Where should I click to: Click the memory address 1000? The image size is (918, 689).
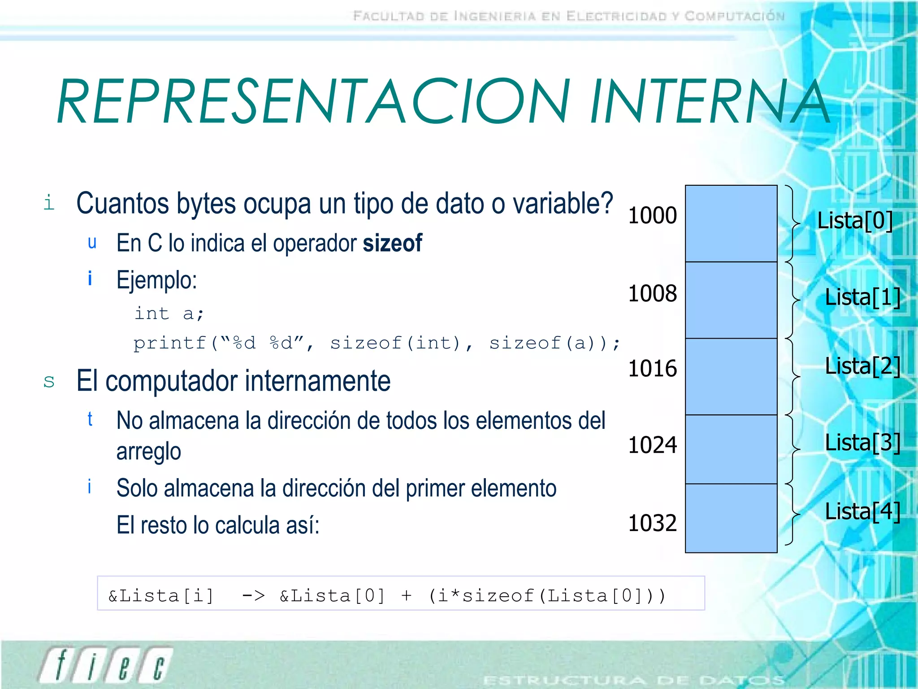pyautogui.click(x=652, y=216)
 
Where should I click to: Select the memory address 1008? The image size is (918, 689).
pyautogui.click(x=652, y=294)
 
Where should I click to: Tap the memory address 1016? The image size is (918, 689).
pyautogui.click(x=652, y=369)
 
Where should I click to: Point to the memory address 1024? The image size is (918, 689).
pyautogui.click(x=652, y=445)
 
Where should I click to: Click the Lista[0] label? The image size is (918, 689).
pyautogui.click(x=855, y=221)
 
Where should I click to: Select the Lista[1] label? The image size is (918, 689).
pyautogui.click(x=862, y=297)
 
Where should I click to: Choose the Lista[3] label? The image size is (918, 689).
pyautogui.click(x=862, y=443)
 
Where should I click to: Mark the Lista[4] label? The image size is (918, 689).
pyautogui.click(x=862, y=512)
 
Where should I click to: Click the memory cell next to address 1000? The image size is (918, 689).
pyautogui.click(x=731, y=223)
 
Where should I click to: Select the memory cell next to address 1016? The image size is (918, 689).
pyautogui.click(x=731, y=376)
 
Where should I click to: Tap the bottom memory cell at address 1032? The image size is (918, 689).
pyautogui.click(x=731, y=518)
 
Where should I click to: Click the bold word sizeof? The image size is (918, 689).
pyautogui.click(x=392, y=244)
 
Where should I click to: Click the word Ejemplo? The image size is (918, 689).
pyautogui.click(x=156, y=281)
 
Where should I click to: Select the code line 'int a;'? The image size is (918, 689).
pyautogui.click(x=169, y=314)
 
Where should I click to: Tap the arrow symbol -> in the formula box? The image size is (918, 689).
pyautogui.click(x=253, y=596)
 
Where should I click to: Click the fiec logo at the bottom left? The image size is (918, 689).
pyautogui.click(x=106, y=665)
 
